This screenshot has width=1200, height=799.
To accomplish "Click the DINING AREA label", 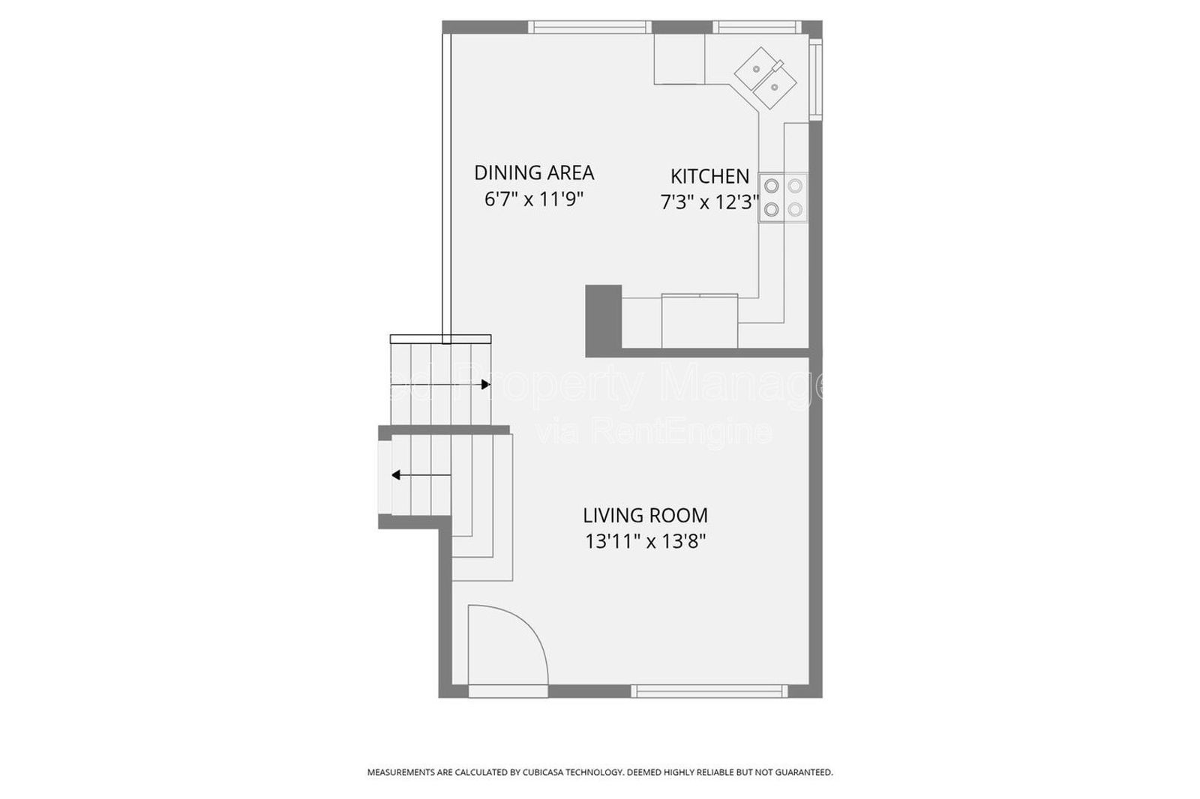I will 533,172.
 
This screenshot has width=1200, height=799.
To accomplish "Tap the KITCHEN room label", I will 709,176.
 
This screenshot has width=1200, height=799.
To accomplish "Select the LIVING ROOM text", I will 645,516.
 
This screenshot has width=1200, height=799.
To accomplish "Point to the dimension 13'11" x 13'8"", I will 645,541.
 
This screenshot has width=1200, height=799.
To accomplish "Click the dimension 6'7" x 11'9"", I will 533,199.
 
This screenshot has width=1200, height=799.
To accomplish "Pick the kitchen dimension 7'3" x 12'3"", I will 709,202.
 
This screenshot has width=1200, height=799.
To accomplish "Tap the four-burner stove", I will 783,198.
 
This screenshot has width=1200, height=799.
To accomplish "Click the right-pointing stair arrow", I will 484,385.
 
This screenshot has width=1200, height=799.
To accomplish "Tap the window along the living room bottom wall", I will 709,691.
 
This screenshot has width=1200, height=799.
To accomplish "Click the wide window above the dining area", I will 589,27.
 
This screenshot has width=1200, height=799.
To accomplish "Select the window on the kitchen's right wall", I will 817,79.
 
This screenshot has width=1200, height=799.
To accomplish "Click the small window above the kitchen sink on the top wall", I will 755,27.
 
